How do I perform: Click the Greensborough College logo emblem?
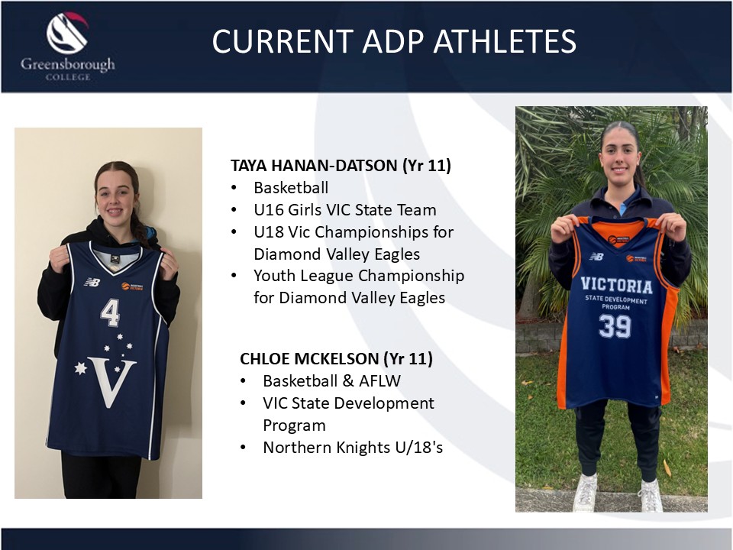click(68, 33)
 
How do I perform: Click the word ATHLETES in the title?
click(505, 41)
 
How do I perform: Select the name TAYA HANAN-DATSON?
click(314, 166)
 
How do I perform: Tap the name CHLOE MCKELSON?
click(309, 359)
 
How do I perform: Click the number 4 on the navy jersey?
click(110, 312)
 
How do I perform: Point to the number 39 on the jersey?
click(615, 326)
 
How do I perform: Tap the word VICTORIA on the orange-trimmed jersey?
click(616, 285)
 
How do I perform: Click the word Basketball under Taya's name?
click(291, 188)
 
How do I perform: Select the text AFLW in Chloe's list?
click(379, 381)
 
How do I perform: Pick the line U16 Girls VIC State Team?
click(345, 210)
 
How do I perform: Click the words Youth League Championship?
click(359, 276)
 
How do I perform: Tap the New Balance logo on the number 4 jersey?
click(92, 282)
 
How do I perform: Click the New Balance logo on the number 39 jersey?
click(596, 257)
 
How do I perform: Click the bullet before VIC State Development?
click(243, 403)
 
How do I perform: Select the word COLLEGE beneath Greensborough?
click(68, 76)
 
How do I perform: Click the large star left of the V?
click(81, 368)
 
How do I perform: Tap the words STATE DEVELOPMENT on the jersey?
click(616, 299)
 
